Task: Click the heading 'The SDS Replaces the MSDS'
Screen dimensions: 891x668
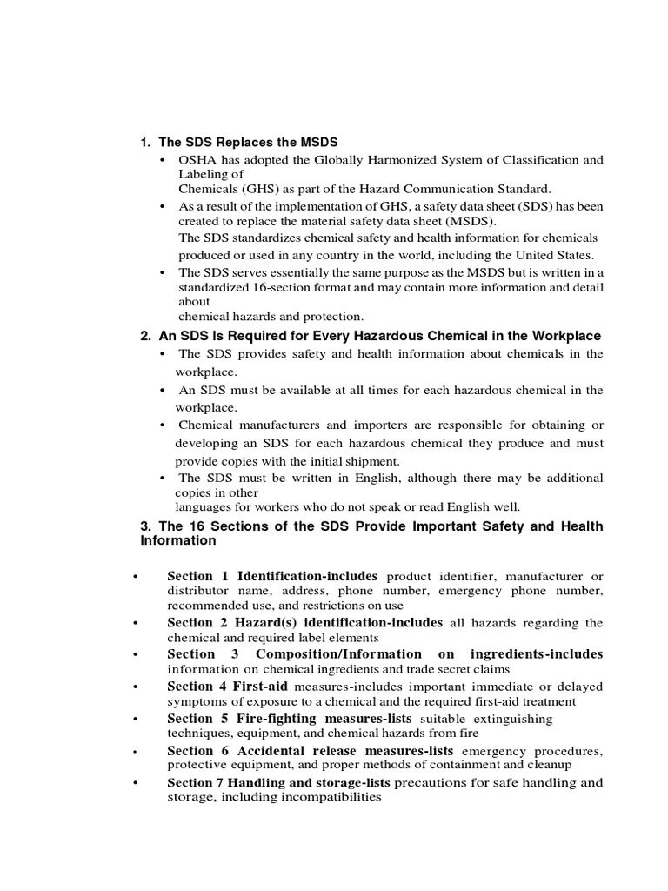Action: pyautogui.click(x=247, y=142)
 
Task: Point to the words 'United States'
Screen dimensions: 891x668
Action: pyautogui.click(x=557, y=255)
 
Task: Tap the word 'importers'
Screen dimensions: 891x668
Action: pyautogui.click(x=360, y=425)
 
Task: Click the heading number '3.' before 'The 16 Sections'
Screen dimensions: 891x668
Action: pyautogui.click(x=147, y=527)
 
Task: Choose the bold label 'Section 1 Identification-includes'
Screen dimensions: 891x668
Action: pyautogui.click(x=272, y=576)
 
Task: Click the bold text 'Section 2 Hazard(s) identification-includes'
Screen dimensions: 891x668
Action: pyautogui.click(x=304, y=622)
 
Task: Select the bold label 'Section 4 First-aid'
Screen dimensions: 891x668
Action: pyautogui.click(x=228, y=687)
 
